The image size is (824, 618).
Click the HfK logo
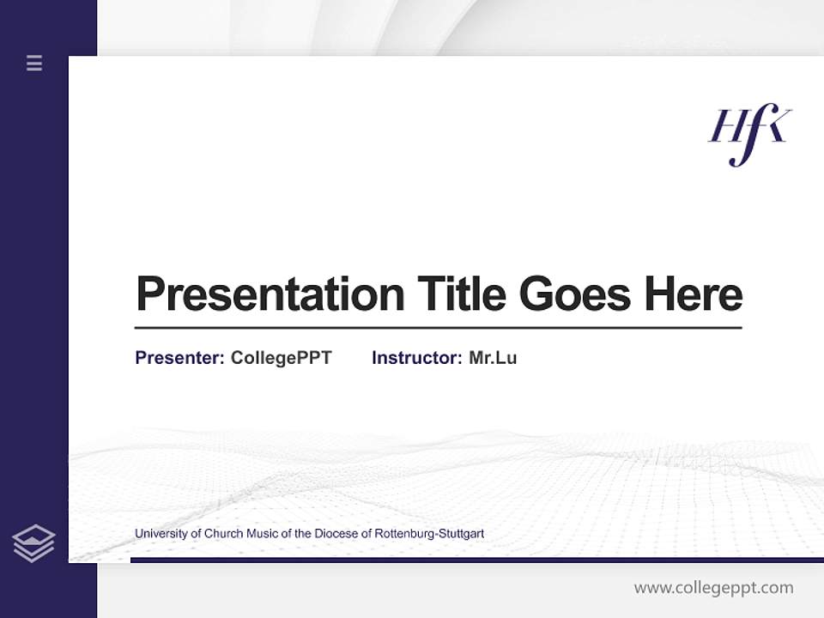(x=749, y=134)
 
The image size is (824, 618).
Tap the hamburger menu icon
(x=34, y=63)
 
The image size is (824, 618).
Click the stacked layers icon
(x=34, y=543)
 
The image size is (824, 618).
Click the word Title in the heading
(x=462, y=294)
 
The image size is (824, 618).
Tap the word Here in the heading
(x=694, y=294)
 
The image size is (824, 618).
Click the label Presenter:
(x=179, y=358)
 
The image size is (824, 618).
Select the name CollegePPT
(x=281, y=358)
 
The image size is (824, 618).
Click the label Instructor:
(x=416, y=358)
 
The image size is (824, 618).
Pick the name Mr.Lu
(x=493, y=358)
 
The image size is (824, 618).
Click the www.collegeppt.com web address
(x=713, y=588)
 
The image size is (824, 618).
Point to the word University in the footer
(x=161, y=534)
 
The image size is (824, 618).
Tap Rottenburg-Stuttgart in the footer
(x=429, y=534)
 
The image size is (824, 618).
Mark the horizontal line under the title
(x=438, y=328)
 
